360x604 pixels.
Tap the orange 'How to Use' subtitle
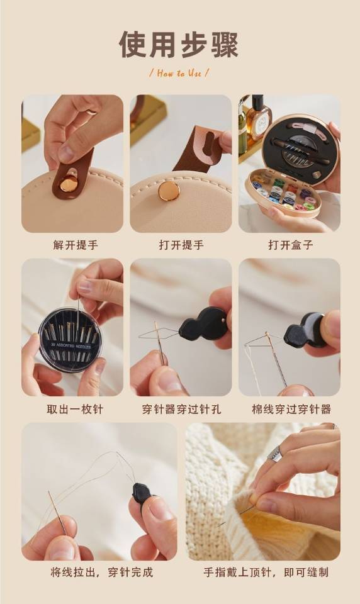tap(179, 73)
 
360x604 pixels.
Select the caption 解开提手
tap(76, 245)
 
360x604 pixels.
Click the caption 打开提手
tap(181, 245)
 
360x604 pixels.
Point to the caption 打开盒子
tap(290, 245)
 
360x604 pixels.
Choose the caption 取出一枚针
tap(75, 409)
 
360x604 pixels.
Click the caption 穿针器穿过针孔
tap(181, 409)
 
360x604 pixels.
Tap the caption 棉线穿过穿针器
tap(291, 409)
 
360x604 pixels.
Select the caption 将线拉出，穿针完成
tap(102, 572)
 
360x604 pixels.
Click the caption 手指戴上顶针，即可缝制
tap(266, 572)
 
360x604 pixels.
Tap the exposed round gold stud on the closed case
tap(169, 191)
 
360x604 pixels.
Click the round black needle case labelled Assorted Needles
tap(70, 339)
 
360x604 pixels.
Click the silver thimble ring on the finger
tap(274, 454)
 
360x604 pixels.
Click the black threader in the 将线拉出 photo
tap(140, 493)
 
